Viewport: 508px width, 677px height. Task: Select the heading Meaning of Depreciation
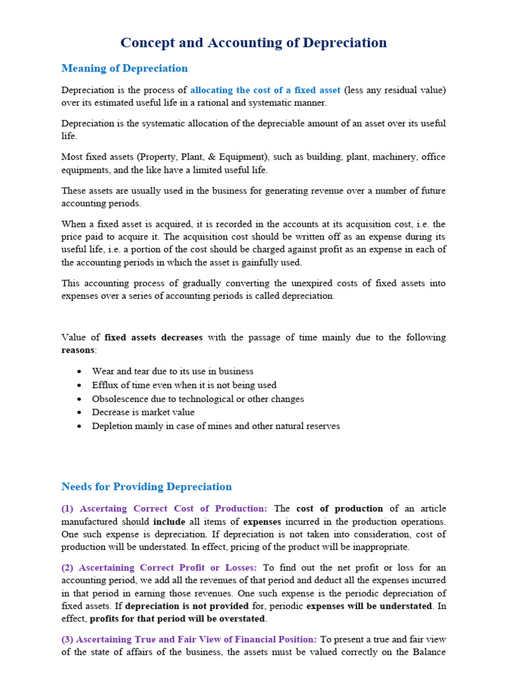pos(124,69)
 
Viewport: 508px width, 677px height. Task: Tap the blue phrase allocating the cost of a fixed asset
pos(265,90)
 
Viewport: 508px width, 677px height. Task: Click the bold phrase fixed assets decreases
pos(153,337)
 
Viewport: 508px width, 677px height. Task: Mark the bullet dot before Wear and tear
pos(79,372)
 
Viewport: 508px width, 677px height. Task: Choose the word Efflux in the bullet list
pos(106,385)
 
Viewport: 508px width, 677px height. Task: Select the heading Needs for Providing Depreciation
pos(146,487)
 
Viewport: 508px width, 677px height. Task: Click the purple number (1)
pos(68,509)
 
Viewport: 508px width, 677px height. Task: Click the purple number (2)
pos(68,568)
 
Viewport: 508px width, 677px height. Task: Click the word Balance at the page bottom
pos(429,653)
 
